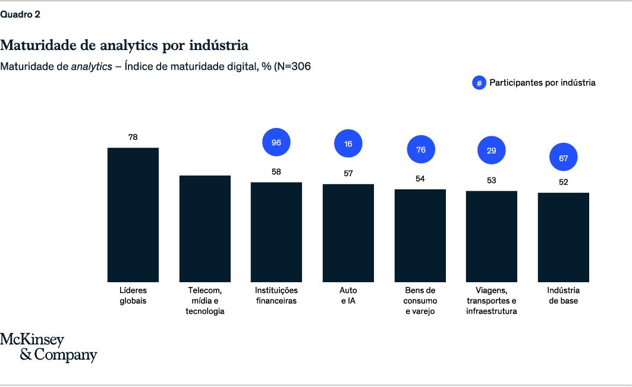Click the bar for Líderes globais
[x=133, y=214]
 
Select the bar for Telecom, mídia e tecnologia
[x=205, y=228]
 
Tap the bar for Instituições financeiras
[x=276, y=232]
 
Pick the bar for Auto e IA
[x=348, y=233]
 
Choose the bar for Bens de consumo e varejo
[x=420, y=235]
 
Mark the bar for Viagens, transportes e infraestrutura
[x=491, y=236]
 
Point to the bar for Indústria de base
[x=563, y=237]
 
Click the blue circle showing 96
[x=276, y=142]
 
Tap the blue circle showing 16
[x=348, y=144]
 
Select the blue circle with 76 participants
[x=420, y=149]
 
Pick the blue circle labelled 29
[x=491, y=151]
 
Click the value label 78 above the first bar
[x=133, y=137]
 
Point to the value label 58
[x=276, y=172]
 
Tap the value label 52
[x=563, y=182]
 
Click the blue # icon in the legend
[x=479, y=83]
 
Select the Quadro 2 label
[x=20, y=15]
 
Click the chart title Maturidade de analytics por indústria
[x=124, y=45]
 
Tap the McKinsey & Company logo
[x=48, y=348]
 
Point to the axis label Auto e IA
[x=348, y=295]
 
